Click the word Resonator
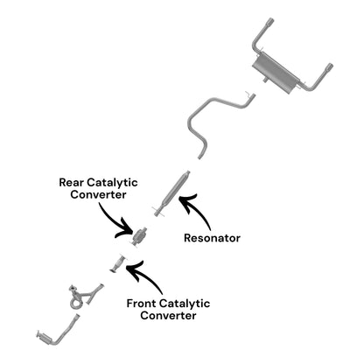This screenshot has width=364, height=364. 212,238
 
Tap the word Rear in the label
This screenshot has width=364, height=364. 72,183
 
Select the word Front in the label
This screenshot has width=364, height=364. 142,304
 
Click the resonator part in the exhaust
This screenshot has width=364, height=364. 172,192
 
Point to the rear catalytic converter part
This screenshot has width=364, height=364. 139,235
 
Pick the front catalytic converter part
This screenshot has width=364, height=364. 118,263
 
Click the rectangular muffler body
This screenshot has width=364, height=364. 276,73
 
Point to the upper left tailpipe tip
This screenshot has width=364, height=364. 270,22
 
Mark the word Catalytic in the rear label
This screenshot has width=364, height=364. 112,183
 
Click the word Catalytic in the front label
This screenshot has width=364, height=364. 185,304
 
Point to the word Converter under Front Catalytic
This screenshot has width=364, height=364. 168,316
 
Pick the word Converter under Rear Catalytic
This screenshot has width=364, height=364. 98,194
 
